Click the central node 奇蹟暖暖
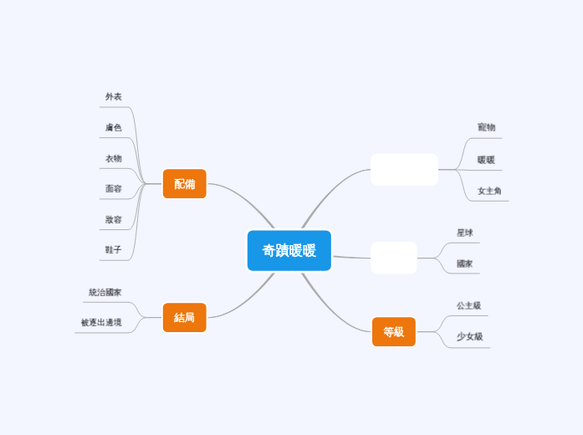click(289, 250)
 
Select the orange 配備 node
click(184, 184)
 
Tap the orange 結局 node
click(184, 317)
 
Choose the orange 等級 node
click(394, 331)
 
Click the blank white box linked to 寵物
click(404, 170)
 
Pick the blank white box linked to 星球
click(394, 258)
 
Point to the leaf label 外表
click(114, 97)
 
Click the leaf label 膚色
click(114, 127)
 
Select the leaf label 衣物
click(114, 158)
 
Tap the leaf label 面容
click(114, 188)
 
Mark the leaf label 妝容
click(114, 219)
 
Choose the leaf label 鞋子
click(114, 249)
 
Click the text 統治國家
click(105, 292)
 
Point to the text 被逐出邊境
click(101, 322)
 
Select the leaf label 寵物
click(486, 127)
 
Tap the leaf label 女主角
click(489, 191)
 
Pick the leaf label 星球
click(465, 233)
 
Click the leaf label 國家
click(465, 264)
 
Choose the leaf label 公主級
click(468, 305)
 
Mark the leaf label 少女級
click(469, 336)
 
